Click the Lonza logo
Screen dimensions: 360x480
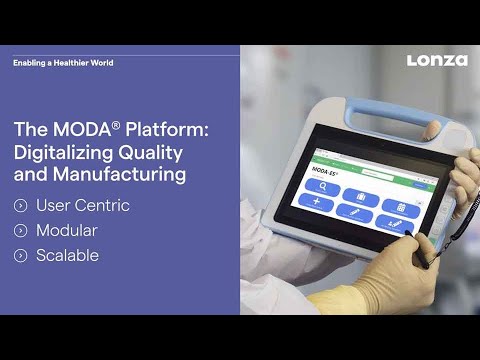[x=437, y=61]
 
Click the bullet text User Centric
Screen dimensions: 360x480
[x=83, y=205]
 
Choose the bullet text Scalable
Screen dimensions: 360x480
[x=68, y=255]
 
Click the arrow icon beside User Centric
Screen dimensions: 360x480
[x=21, y=206]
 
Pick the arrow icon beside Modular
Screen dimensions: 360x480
[x=21, y=231]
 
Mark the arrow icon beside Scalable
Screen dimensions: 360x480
[x=21, y=256]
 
